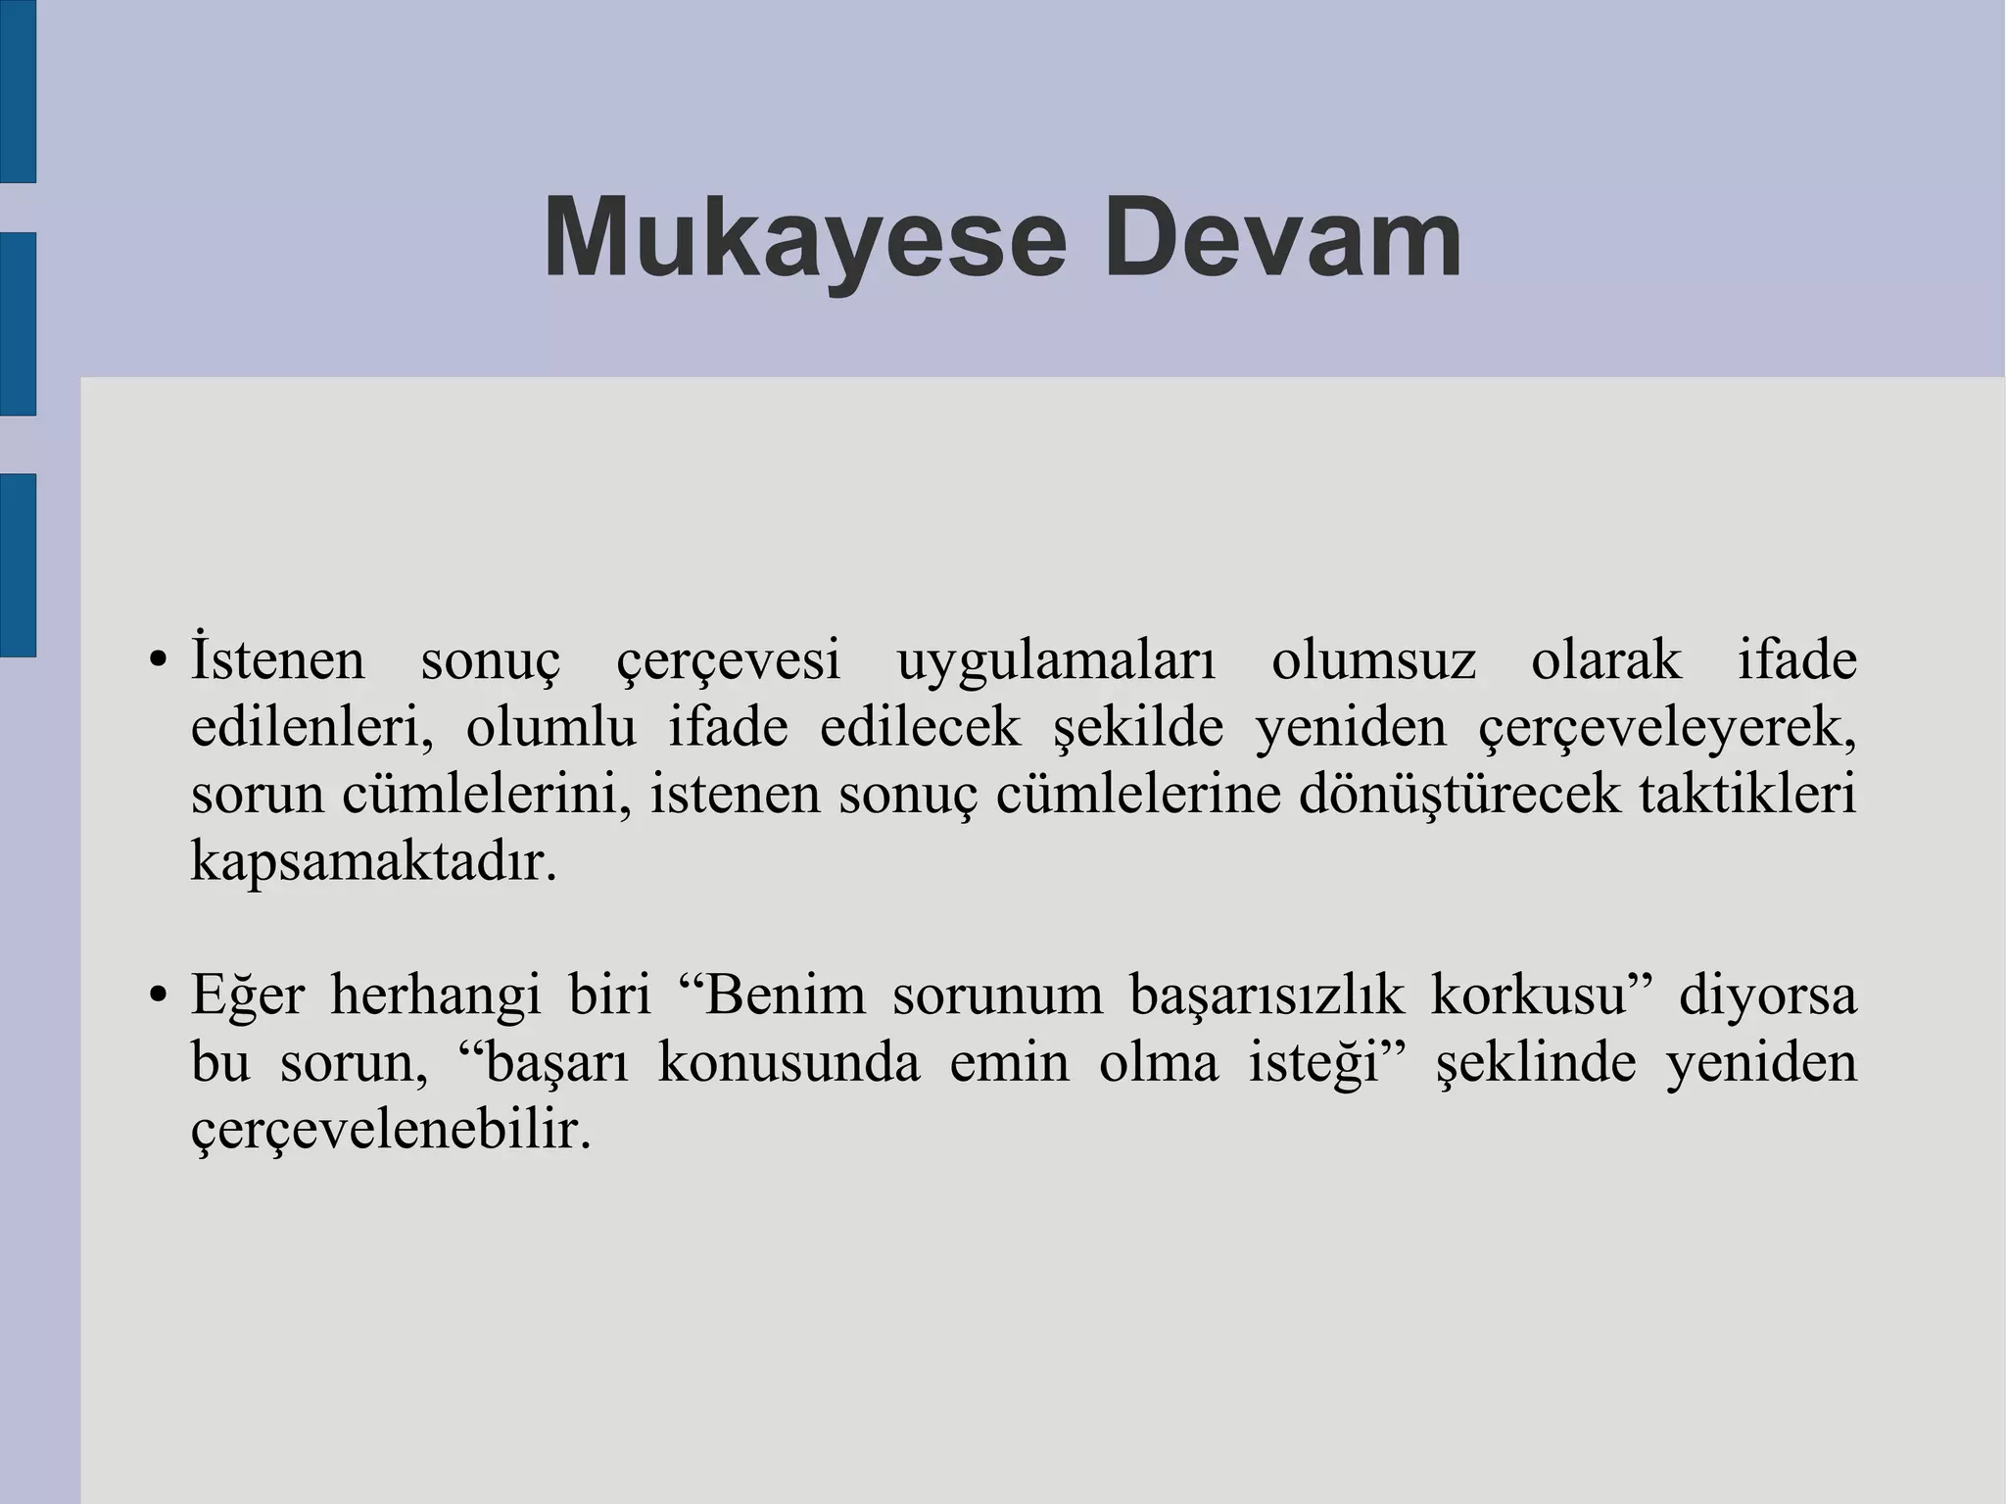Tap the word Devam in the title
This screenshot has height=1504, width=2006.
tap(1282, 239)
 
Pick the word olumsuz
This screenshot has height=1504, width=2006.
tap(1373, 660)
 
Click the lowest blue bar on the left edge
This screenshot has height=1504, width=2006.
tap(18, 564)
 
